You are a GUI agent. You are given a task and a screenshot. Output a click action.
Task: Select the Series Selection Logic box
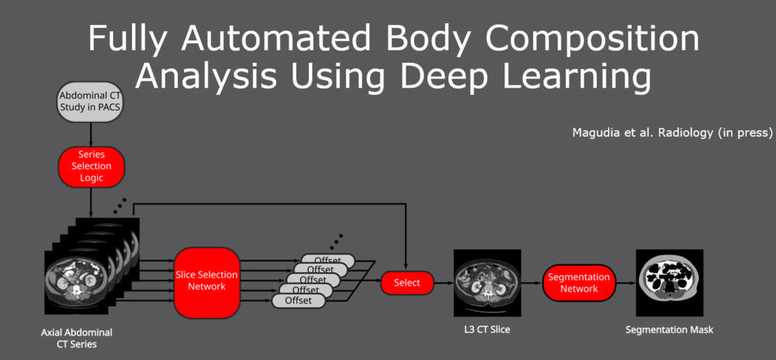92,166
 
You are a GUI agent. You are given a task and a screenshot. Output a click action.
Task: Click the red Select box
407,283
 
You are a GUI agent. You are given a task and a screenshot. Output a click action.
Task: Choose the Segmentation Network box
579,283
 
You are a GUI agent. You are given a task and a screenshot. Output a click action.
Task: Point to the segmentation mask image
669,283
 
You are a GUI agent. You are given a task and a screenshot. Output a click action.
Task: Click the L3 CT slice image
487,283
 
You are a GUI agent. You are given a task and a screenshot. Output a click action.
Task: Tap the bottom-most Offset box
298,300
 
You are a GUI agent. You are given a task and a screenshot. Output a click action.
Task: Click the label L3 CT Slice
487,330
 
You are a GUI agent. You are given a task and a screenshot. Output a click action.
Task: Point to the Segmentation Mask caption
669,330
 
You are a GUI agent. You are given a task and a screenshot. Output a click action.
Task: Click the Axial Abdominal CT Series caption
76,337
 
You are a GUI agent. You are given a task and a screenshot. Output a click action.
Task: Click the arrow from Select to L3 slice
444,283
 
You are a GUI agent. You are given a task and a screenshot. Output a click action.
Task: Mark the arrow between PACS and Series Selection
92,134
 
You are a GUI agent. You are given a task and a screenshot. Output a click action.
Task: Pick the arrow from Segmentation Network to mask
625,283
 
